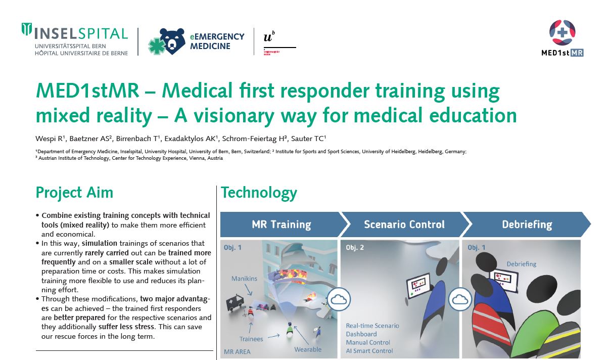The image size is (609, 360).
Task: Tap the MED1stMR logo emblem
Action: click(x=562, y=32)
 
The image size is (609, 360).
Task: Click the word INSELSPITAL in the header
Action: click(x=81, y=34)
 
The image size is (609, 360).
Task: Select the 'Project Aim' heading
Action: click(x=74, y=193)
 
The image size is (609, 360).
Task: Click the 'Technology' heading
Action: click(x=259, y=193)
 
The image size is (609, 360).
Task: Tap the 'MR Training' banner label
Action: click(x=282, y=224)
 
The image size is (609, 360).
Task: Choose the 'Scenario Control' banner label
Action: click(x=404, y=224)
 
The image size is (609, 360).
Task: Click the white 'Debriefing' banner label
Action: click(x=527, y=224)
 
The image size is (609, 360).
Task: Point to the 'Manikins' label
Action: click(x=244, y=279)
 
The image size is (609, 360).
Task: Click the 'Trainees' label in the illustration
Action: click(x=251, y=339)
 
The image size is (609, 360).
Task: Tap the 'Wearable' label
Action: click(x=308, y=349)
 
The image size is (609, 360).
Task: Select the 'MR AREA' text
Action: click(x=237, y=351)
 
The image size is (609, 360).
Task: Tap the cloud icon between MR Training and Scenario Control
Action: click(x=339, y=299)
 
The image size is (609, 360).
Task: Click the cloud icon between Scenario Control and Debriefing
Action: click(x=460, y=299)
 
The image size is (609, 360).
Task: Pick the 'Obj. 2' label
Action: click(x=354, y=247)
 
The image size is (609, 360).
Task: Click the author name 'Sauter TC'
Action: click(x=308, y=139)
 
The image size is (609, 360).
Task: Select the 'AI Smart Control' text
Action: click(x=369, y=351)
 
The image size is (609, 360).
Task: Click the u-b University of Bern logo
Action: click(x=279, y=43)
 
